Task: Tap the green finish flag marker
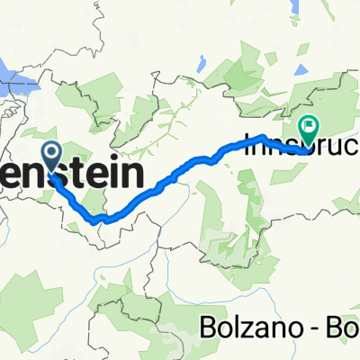click(309, 130)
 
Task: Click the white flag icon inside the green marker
click(310, 126)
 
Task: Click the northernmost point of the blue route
click(262, 136)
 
